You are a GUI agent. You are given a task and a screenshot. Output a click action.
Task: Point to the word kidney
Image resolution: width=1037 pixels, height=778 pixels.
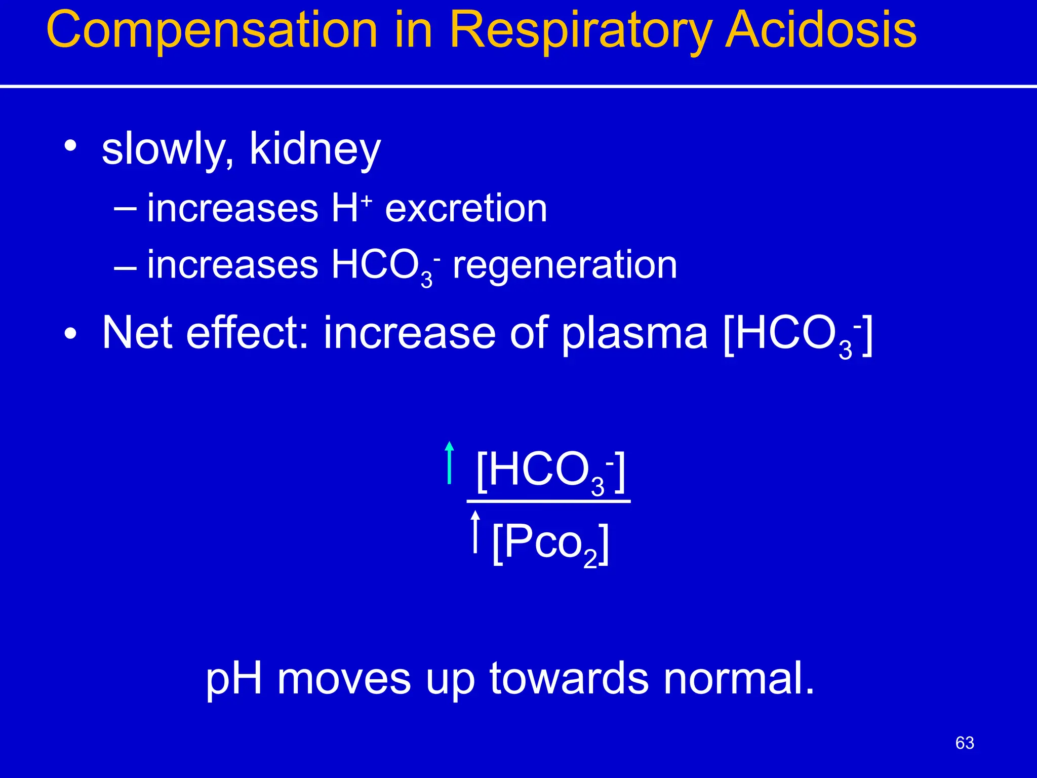315,149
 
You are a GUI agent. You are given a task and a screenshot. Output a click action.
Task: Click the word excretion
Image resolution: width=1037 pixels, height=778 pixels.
466,208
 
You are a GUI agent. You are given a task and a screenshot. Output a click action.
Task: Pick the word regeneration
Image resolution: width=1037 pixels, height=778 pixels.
565,265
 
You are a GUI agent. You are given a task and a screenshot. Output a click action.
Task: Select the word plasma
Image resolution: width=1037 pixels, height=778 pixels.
634,334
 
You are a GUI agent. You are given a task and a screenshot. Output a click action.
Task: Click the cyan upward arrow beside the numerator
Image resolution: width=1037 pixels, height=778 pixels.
449,462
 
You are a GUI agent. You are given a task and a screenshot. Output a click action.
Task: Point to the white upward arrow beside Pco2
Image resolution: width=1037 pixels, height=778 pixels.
475,531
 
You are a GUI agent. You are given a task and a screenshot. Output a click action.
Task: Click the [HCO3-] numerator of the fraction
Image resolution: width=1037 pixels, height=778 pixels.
550,471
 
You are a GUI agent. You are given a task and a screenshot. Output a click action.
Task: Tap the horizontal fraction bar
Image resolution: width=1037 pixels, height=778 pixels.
548,501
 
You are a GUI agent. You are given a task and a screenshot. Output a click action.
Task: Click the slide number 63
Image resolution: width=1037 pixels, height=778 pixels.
964,743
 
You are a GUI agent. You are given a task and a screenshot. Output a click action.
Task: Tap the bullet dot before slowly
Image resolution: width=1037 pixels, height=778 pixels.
70,146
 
